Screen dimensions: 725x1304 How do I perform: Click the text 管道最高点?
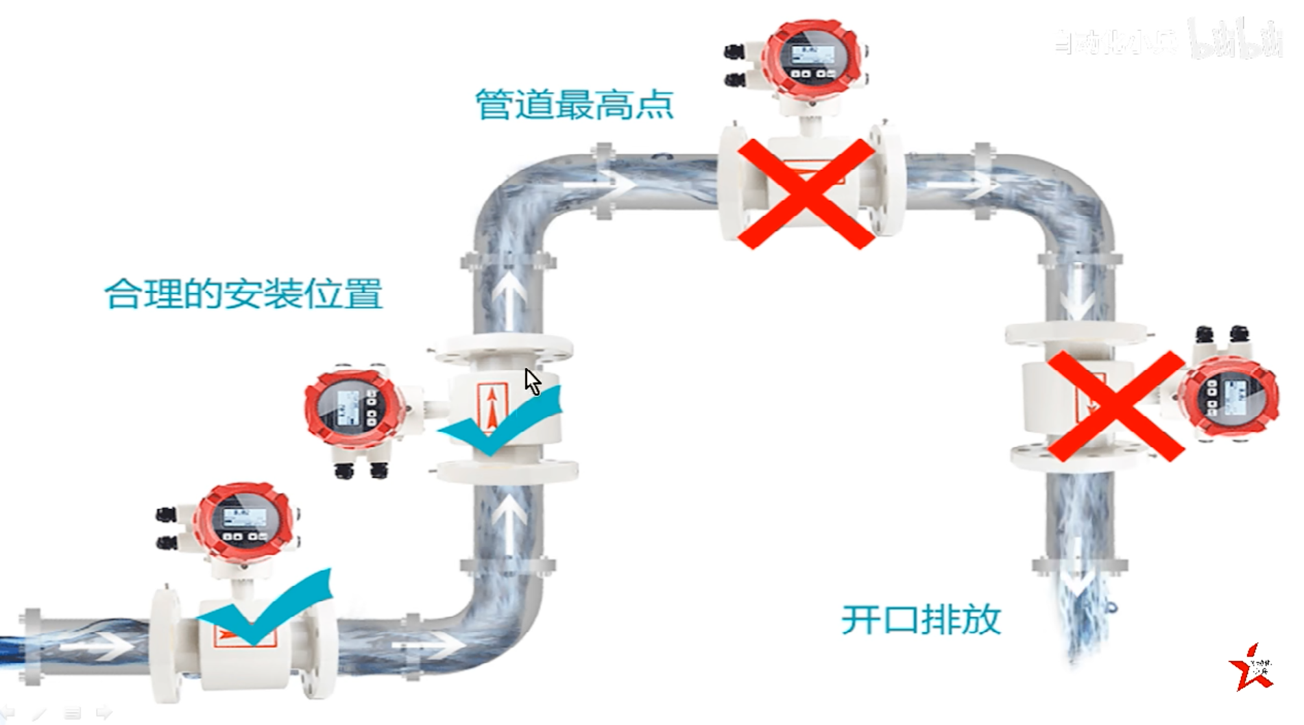(x=575, y=105)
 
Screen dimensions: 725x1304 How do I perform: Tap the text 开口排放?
(x=921, y=619)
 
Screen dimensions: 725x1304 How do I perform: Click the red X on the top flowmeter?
(x=806, y=193)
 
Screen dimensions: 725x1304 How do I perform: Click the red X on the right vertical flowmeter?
(x=1116, y=406)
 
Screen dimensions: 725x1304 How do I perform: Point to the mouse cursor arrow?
(x=532, y=381)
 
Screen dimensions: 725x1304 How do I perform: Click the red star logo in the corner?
(x=1251, y=668)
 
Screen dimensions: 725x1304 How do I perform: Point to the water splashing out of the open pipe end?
(x=1083, y=617)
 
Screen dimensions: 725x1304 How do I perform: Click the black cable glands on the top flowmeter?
(x=735, y=66)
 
